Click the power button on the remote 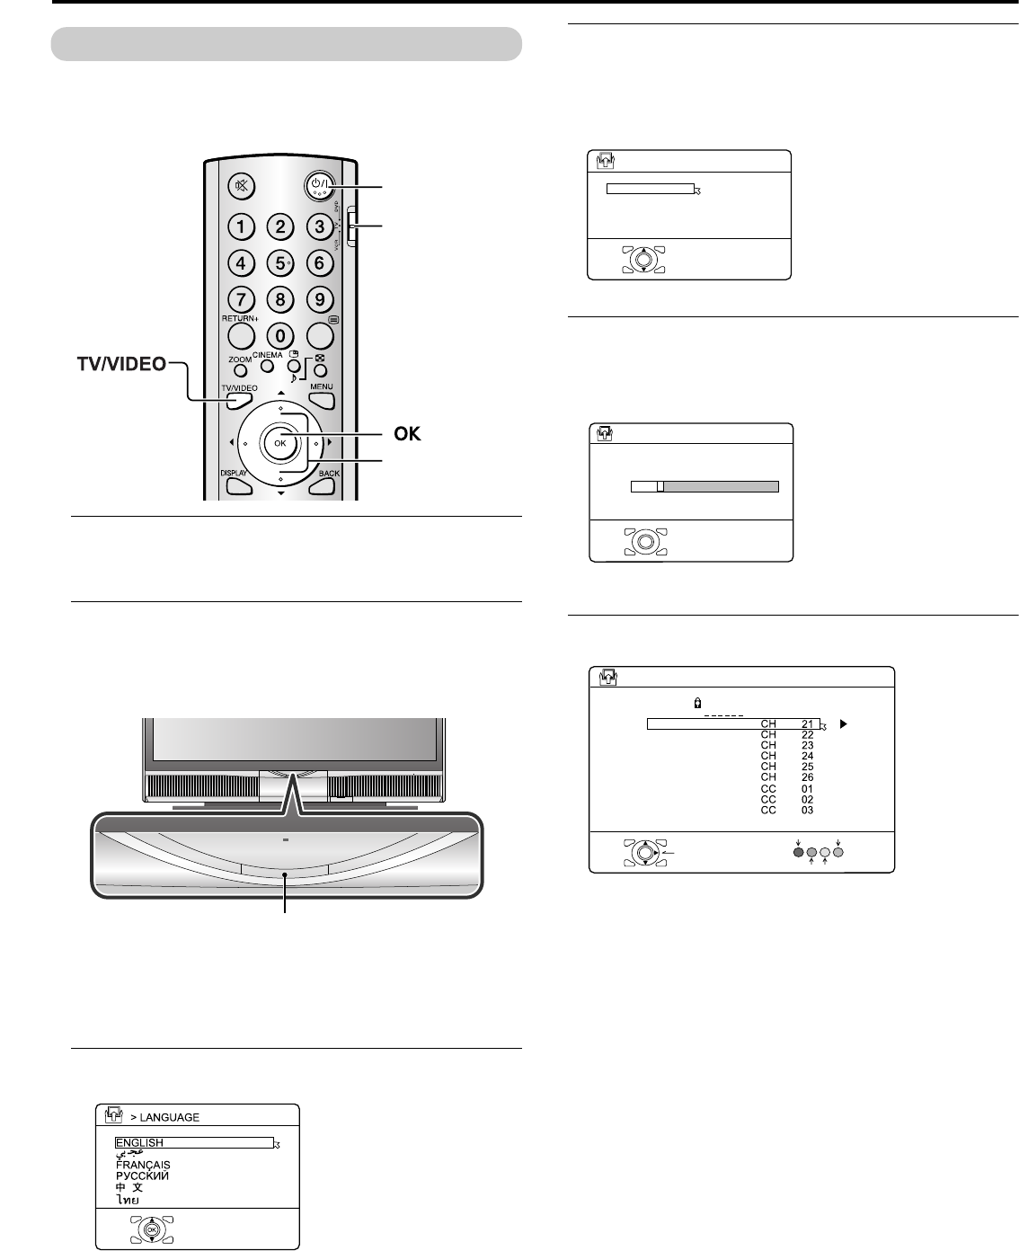[318, 186]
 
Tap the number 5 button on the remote [280, 264]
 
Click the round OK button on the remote [280, 442]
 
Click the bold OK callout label [407, 433]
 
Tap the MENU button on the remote [322, 396]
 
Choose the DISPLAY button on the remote [238, 484]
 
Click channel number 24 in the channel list [807, 756]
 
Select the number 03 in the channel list [807, 810]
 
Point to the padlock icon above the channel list [697, 705]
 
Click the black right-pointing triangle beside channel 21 [841, 723]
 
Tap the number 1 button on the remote [242, 226]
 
